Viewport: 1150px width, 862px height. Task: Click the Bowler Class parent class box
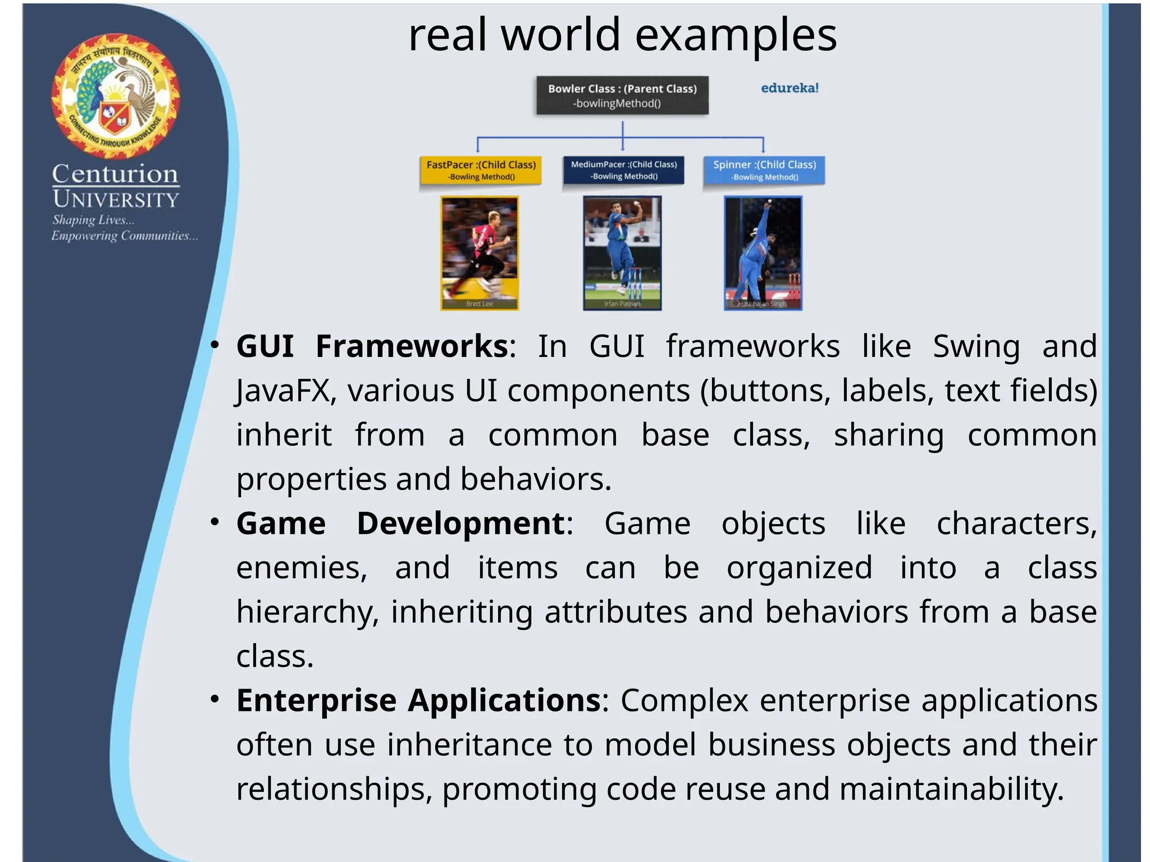[622, 96]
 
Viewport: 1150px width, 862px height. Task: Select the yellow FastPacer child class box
[481, 170]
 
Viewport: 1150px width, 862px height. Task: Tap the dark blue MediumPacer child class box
[623, 170]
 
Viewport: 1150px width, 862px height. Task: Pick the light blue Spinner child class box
[764, 170]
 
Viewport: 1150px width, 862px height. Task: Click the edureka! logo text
[790, 88]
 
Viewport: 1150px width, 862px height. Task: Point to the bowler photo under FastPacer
[480, 253]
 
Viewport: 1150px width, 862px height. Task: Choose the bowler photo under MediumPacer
[622, 253]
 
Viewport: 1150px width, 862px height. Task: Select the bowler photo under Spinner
[763, 253]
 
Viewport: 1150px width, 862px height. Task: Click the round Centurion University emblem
[116, 96]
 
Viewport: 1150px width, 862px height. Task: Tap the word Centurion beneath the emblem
[115, 174]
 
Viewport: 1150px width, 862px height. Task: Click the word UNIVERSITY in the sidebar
[116, 199]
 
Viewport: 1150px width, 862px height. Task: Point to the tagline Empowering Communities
[125, 236]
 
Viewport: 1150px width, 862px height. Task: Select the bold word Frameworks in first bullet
[412, 346]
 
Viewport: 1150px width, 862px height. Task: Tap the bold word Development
[460, 524]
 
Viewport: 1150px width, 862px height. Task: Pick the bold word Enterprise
[317, 700]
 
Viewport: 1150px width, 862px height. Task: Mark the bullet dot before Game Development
[215, 522]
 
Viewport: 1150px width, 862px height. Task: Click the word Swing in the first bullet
[976, 346]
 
